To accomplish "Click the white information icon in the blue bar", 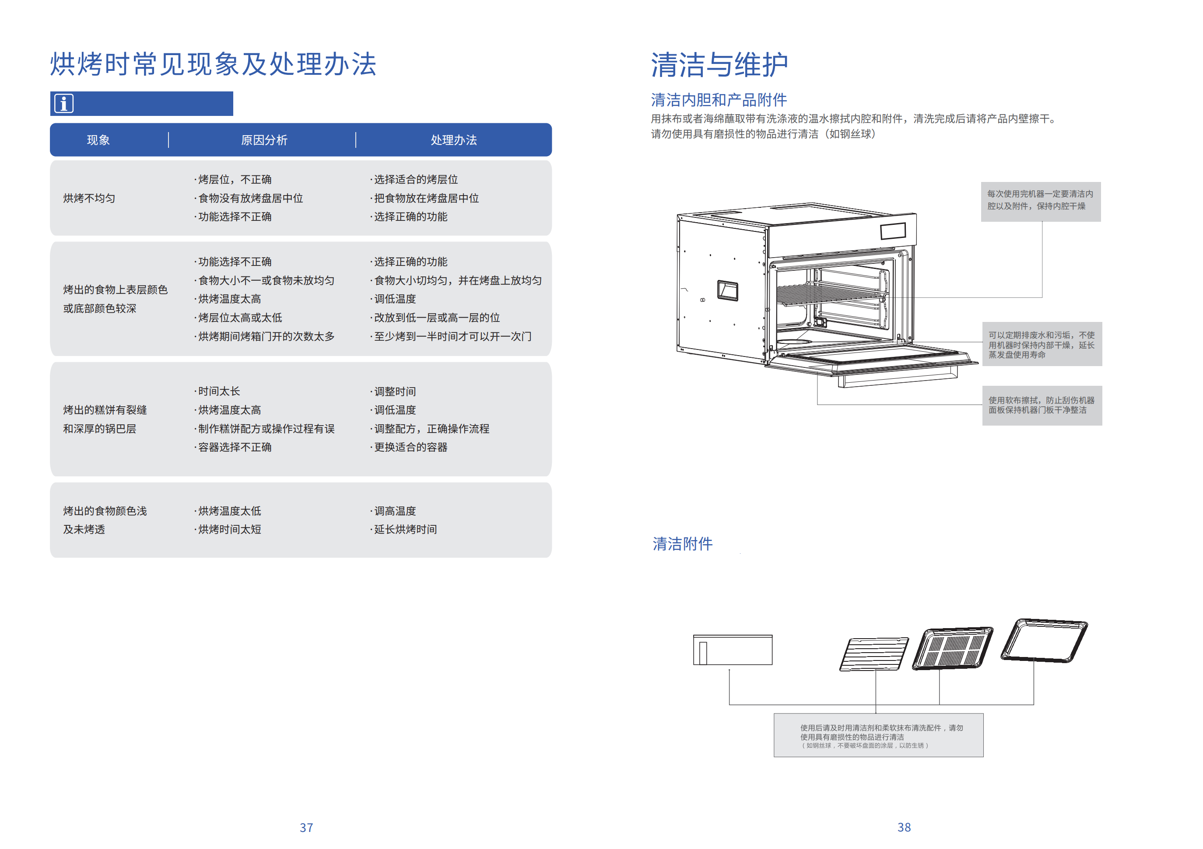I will click(x=64, y=103).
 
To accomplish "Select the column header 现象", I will click(x=98, y=140).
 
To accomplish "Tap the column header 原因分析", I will click(x=264, y=140).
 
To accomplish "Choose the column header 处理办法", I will click(x=454, y=140).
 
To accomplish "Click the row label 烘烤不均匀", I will click(x=89, y=199).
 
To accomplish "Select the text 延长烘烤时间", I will click(x=405, y=530).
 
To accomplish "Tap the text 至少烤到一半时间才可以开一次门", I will click(x=452, y=337).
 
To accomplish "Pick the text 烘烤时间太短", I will click(x=229, y=530).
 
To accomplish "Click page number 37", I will click(x=306, y=828).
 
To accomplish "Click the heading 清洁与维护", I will click(x=719, y=65).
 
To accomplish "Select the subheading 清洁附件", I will click(x=682, y=544).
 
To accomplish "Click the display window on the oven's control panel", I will click(x=893, y=231).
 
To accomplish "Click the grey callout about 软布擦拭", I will click(x=1042, y=405).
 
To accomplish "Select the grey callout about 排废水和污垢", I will click(x=1042, y=344).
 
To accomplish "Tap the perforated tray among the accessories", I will click(x=953, y=648).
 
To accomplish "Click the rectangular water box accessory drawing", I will click(x=733, y=650).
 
